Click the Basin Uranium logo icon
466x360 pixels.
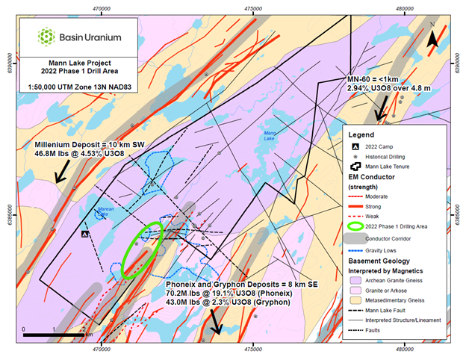pos(46,36)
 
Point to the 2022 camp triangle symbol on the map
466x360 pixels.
pos(86,234)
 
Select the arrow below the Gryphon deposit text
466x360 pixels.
pos(217,322)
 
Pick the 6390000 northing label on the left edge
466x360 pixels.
pos(7,59)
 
